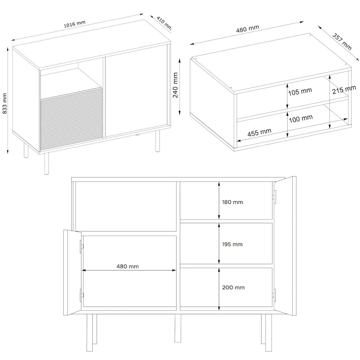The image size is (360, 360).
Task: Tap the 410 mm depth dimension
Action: [x=164, y=23]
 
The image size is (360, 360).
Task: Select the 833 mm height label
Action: [x=5, y=103]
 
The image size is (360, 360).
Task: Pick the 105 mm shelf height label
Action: [x=301, y=92]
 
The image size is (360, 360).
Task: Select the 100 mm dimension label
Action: [x=302, y=118]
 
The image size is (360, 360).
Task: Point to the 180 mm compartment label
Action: [x=232, y=202]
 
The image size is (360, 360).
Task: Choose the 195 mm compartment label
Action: [x=232, y=244]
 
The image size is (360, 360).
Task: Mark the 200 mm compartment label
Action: [x=234, y=287]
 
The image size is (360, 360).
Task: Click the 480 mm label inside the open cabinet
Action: [x=128, y=266]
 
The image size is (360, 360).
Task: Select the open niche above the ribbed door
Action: [x=70, y=80]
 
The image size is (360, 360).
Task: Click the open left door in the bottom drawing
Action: [x=72, y=273]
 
